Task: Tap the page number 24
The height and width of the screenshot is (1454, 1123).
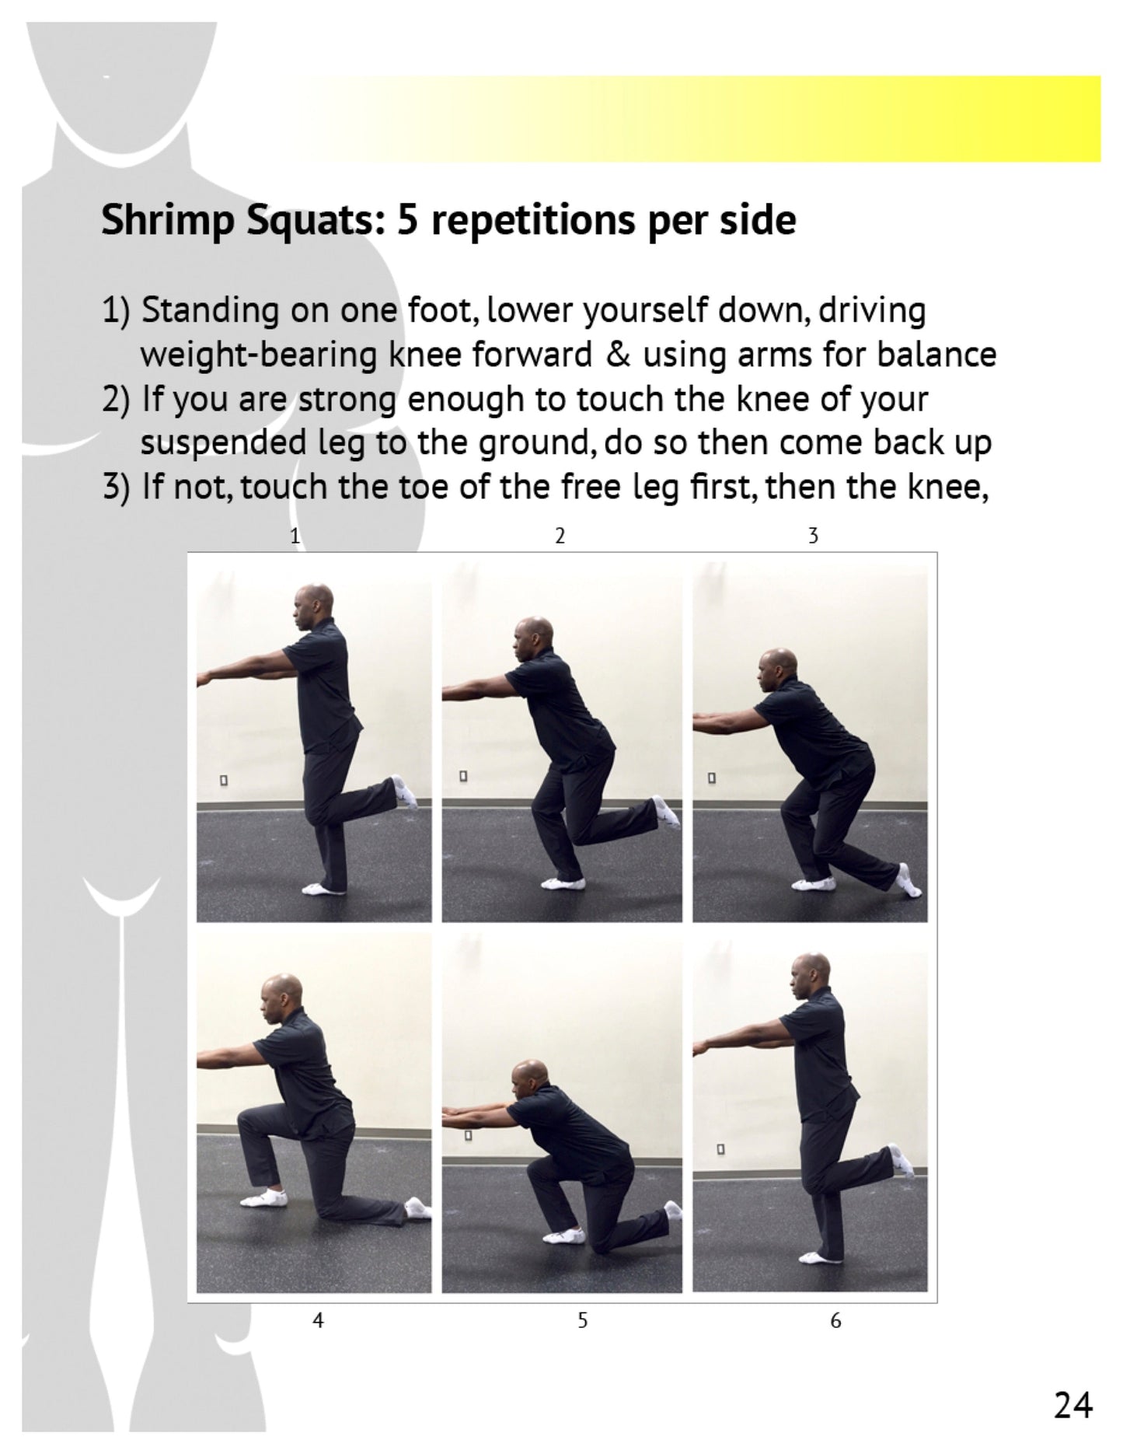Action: pos(1072,1406)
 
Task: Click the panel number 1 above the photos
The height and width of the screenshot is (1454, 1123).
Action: pos(295,535)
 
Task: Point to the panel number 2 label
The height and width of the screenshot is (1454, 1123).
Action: pos(560,535)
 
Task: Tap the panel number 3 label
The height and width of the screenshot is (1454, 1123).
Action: pos(813,535)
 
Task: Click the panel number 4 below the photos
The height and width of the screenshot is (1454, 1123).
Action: pos(318,1319)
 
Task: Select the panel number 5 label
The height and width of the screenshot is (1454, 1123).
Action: pos(583,1319)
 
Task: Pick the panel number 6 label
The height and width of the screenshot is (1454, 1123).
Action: pos(835,1319)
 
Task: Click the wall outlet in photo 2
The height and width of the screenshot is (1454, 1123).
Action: pos(463,776)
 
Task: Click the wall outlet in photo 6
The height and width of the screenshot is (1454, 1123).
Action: pos(720,1148)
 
